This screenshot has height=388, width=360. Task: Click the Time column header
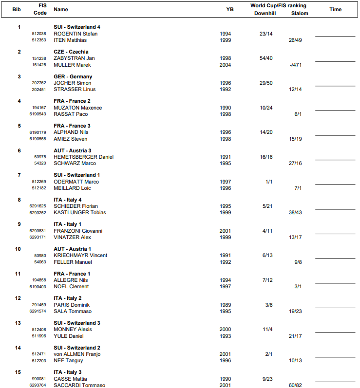click(335, 9)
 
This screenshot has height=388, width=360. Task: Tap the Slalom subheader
click(300, 14)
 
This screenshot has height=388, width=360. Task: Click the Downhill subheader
click(265, 14)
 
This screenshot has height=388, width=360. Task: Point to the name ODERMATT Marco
click(76, 182)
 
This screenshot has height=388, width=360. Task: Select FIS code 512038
click(39, 34)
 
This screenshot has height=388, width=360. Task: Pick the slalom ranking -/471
click(295, 65)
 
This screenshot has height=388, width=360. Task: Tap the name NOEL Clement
click(71, 287)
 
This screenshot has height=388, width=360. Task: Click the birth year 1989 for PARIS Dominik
click(226, 305)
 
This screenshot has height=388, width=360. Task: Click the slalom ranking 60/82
click(295, 386)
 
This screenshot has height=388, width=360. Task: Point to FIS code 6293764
click(38, 386)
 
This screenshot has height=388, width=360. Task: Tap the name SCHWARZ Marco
click(75, 164)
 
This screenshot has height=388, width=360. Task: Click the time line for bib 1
click(335, 36)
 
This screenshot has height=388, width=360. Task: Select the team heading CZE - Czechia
click(71, 52)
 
